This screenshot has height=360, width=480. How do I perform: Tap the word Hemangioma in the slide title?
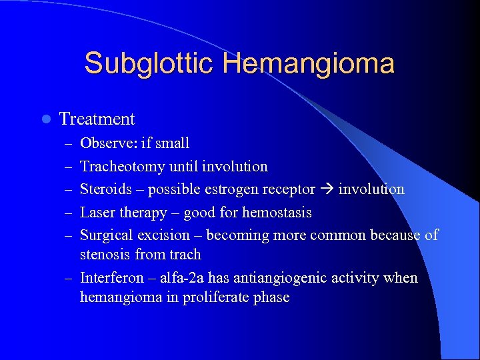[309, 64]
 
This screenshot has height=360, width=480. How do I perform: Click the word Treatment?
[97, 119]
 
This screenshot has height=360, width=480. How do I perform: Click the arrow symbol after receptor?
[327, 190]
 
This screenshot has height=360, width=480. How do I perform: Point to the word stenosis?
[105, 255]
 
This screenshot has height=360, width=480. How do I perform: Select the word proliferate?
[219, 297]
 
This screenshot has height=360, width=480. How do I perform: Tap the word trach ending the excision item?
[186, 255]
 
